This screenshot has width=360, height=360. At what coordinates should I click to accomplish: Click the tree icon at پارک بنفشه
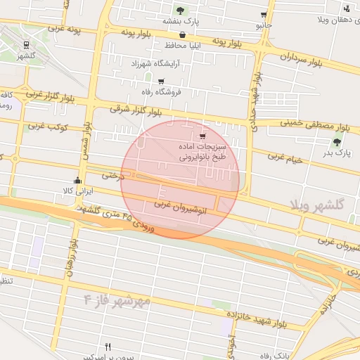(x=181, y=11)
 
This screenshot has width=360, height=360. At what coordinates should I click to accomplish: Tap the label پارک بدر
(x=337, y=153)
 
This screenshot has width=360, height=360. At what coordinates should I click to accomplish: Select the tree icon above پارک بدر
(x=337, y=142)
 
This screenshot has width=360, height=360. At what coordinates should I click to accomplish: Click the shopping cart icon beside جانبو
(x=263, y=15)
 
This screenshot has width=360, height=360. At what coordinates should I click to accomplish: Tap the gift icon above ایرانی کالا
(x=77, y=181)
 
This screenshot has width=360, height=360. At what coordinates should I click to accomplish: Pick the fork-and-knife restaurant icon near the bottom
(x=108, y=347)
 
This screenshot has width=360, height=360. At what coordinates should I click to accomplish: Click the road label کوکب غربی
(x=49, y=127)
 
